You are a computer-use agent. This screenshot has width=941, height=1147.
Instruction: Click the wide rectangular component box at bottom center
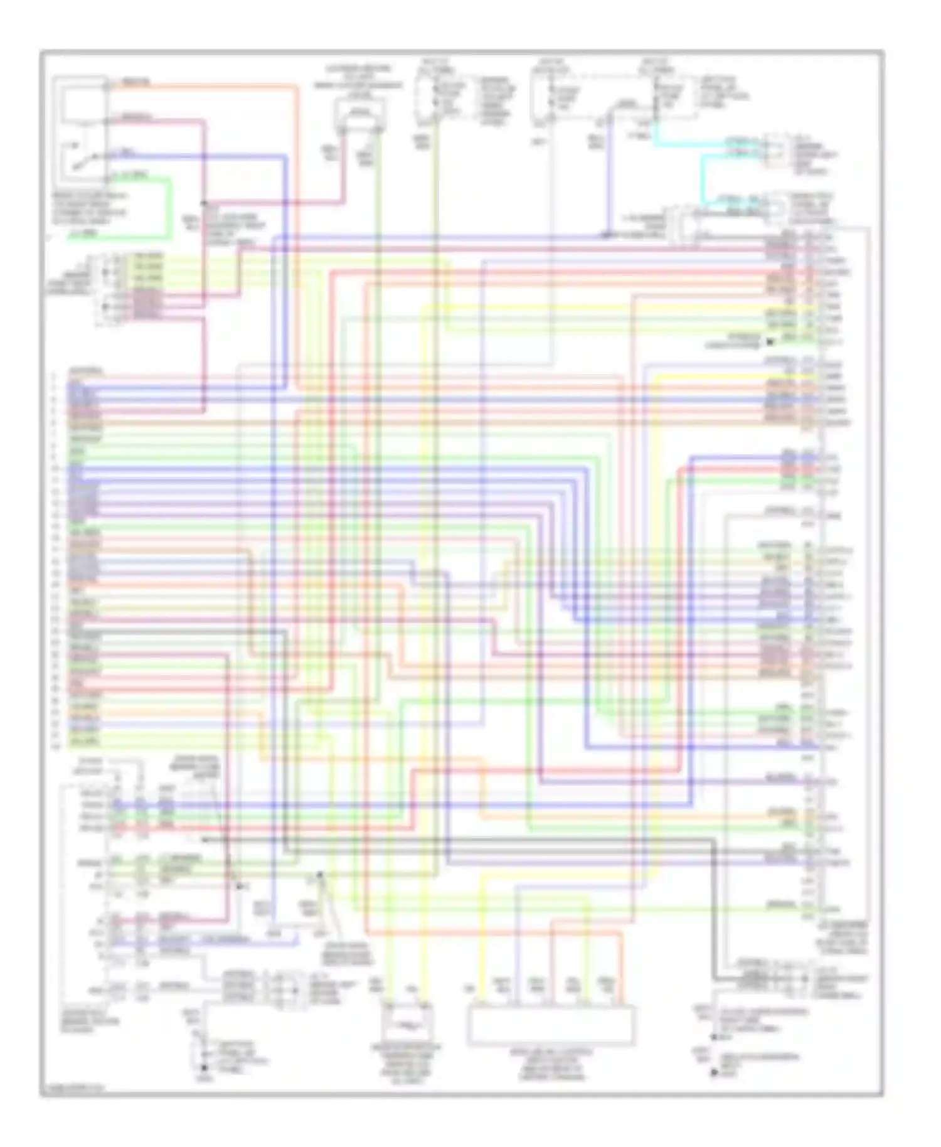pyautogui.click(x=551, y=1024)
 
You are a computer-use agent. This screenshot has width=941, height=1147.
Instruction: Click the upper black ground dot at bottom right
pyautogui.click(x=713, y=1038)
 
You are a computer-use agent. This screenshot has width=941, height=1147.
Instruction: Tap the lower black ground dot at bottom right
pyautogui.click(x=713, y=1074)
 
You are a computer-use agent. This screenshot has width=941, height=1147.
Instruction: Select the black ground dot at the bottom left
pyautogui.click(x=203, y=1068)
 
